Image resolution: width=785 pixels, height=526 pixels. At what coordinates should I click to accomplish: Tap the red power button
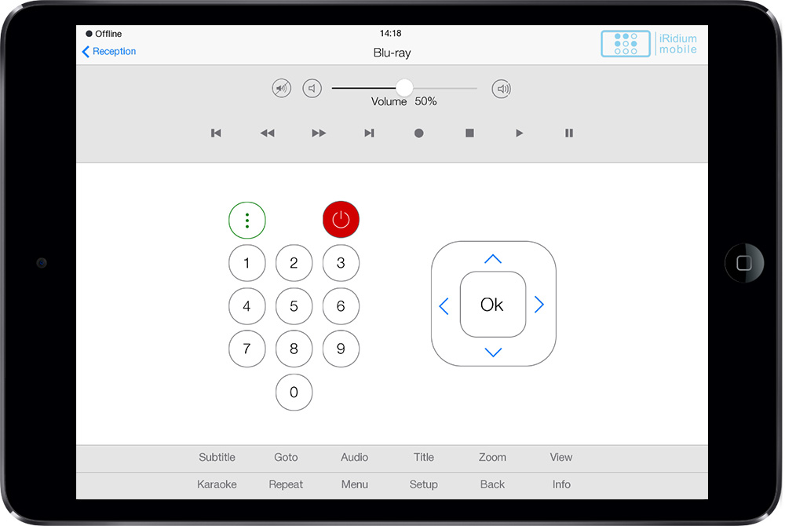[x=341, y=220]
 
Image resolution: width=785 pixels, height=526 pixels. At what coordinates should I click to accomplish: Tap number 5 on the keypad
[x=294, y=306]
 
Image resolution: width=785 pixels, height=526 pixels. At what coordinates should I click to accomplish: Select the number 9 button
[x=341, y=349]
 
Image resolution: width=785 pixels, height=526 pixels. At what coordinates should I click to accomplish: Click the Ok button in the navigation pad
[x=493, y=305]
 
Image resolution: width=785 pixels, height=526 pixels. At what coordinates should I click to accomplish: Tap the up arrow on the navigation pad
[x=493, y=259]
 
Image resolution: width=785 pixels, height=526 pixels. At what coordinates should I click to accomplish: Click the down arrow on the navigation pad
[x=493, y=352]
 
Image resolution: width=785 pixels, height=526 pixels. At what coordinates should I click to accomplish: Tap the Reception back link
[x=108, y=52]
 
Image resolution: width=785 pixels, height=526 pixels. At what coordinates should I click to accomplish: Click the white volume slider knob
[x=404, y=88]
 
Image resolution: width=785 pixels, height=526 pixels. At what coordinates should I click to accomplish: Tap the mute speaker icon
[x=281, y=89]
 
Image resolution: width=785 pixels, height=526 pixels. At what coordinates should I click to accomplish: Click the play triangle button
[x=519, y=133]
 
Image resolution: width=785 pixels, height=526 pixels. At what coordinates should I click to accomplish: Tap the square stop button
[x=469, y=133]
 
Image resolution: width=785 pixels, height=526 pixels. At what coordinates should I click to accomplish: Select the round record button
[x=419, y=133]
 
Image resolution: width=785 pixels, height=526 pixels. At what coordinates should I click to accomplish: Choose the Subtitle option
[x=217, y=457]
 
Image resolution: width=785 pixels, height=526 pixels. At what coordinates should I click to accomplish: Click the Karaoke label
[x=217, y=484]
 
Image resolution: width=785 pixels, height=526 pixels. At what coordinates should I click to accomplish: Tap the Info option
[x=561, y=484]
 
